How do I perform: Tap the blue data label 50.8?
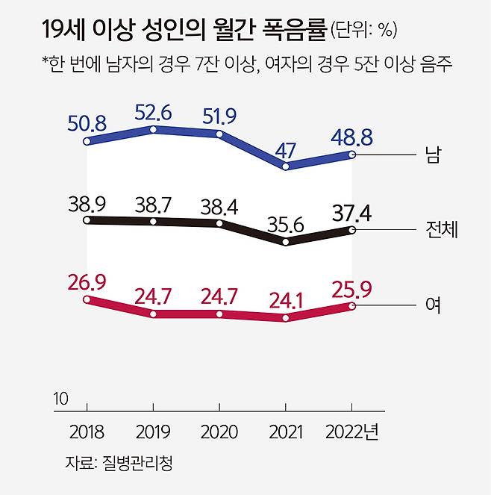tap(87, 119)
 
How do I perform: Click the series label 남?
tap(431, 155)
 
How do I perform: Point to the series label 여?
tap(431, 305)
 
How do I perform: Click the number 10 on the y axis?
tap(60, 399)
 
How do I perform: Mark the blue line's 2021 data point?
tap(286, 166)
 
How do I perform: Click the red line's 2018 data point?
tap(87, 299)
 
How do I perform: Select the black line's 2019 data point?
tap(153, 222)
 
